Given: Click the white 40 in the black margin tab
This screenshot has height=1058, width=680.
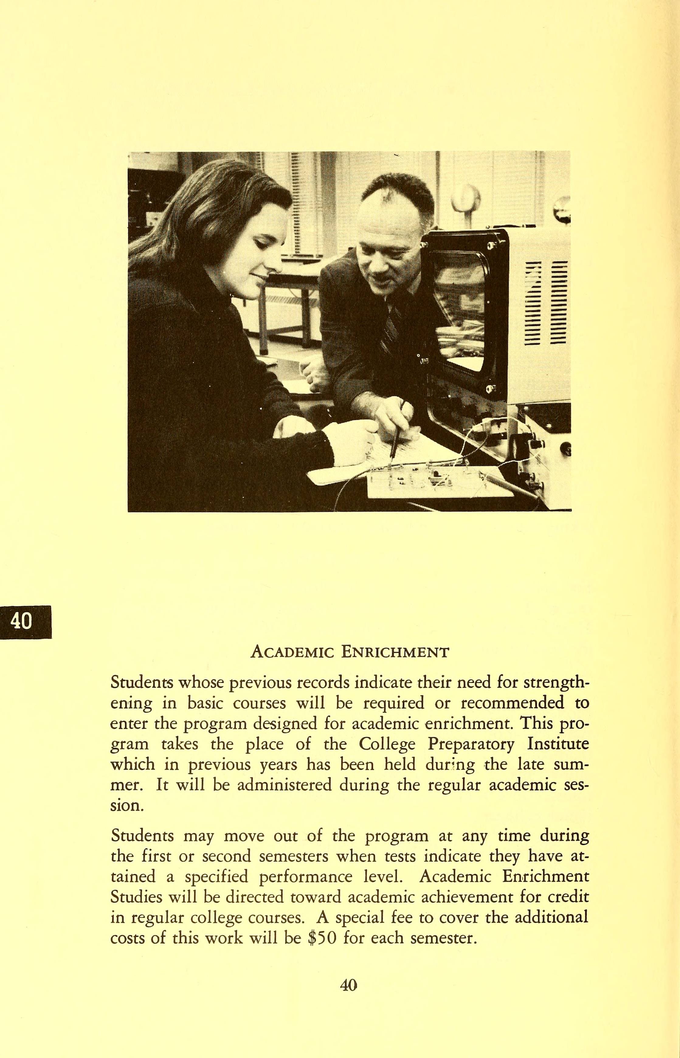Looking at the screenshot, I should click(21, 622).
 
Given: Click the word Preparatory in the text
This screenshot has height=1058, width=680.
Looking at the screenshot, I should click(471, 744).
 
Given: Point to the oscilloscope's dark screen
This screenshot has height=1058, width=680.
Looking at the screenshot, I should click(460, 305).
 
